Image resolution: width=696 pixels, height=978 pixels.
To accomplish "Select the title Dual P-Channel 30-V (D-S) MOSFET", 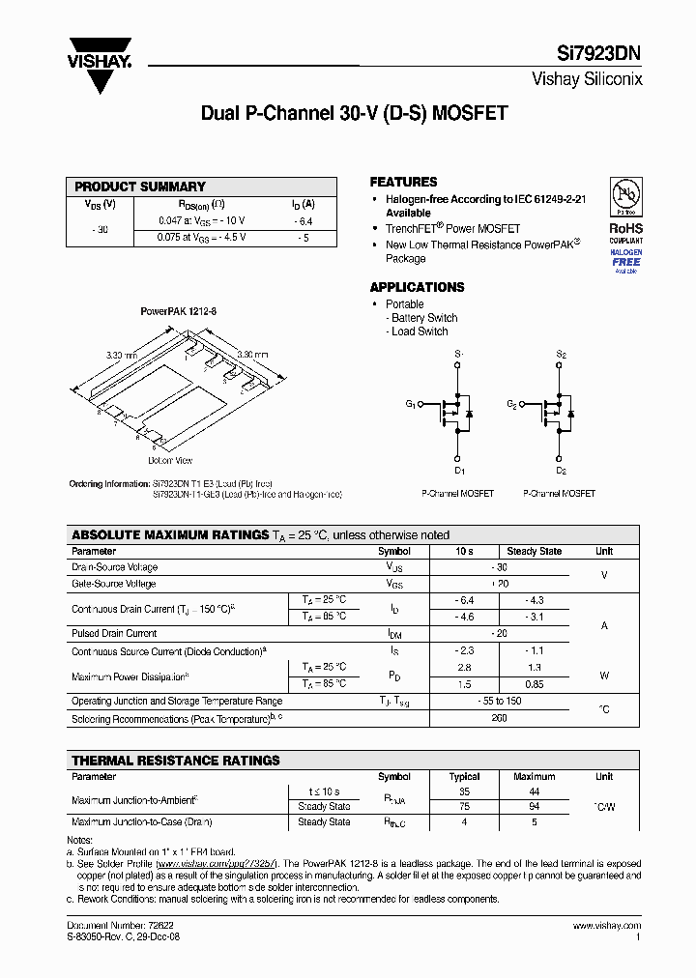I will pos(354,113).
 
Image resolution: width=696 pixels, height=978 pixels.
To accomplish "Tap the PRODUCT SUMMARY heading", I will pos(140,187).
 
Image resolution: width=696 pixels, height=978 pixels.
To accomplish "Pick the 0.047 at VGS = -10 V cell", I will pos(201,221).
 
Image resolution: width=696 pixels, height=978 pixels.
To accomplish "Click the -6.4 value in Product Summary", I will pos(303,221).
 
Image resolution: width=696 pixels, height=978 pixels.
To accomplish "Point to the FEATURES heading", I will pos(403,182).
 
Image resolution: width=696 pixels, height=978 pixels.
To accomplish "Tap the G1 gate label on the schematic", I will pos(410,404).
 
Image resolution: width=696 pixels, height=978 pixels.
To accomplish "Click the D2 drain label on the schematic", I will pos(561,471).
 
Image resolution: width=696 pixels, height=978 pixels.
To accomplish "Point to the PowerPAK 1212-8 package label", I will pos(179,312).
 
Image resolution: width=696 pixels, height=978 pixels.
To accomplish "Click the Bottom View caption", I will pos(170,460).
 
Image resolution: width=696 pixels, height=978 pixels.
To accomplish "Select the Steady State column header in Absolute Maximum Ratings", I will pos(535,551).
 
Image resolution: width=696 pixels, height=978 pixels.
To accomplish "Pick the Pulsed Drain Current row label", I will pos(114,633).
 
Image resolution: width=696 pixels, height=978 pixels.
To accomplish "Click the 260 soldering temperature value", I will pos(500,719).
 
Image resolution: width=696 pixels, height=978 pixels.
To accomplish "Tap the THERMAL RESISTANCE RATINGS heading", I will pos(176,761).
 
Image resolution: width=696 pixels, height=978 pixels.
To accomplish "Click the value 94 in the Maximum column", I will pos(534,806).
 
